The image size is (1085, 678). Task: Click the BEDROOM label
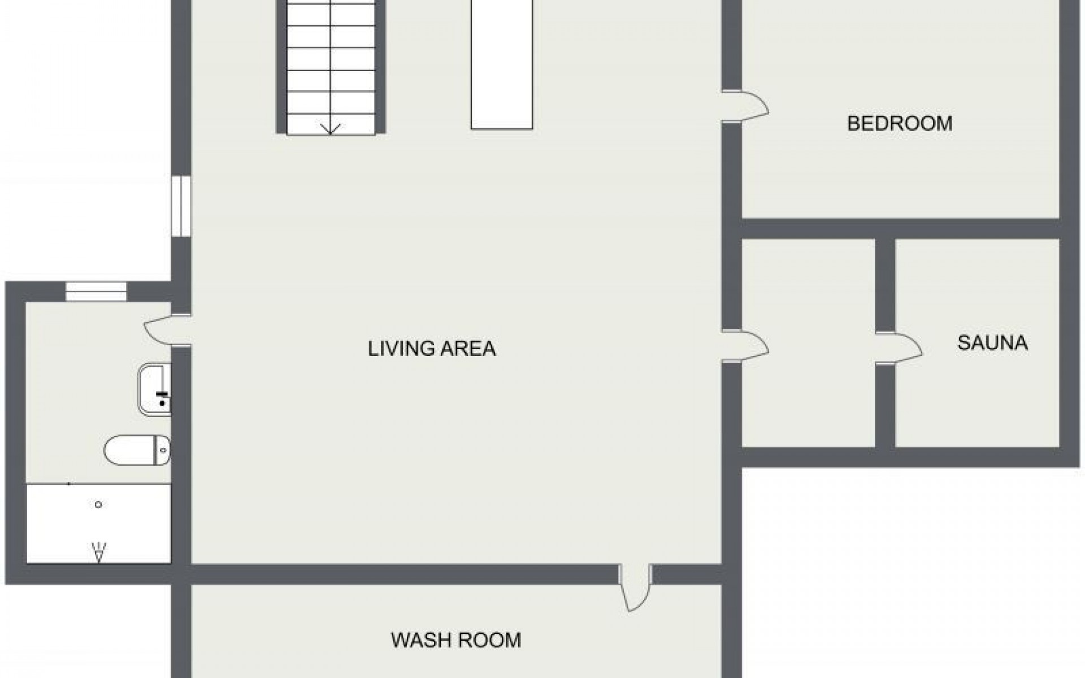click(899, 123)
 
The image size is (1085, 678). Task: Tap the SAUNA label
click(992, 343)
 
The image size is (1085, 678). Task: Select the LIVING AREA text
click(432, 349)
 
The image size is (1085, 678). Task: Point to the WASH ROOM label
click(455, 640)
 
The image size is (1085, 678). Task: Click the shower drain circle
click(98, 505)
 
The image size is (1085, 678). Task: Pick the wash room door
click(635, 589)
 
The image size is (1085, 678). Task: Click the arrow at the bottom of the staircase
click(331, 129)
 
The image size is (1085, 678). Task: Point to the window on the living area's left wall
click(181, 206)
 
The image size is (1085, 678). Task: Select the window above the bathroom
click(96, 292)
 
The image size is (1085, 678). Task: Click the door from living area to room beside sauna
click(749, 345)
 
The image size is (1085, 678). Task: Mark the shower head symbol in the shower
click(99, 551)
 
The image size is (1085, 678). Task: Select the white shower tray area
click(99, 523)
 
